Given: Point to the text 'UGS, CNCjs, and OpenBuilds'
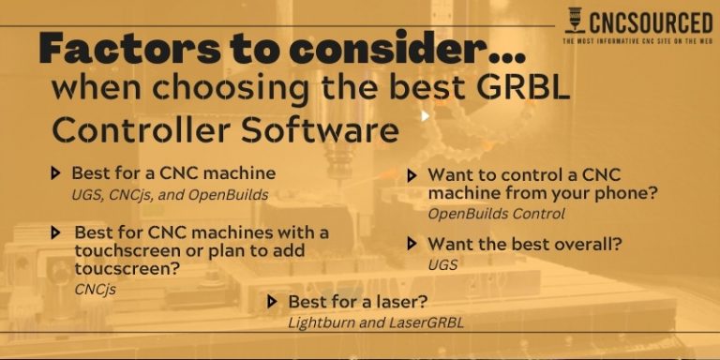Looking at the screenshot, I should [x=170, y=195].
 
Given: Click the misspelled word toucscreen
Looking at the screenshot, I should [x=118, y=269].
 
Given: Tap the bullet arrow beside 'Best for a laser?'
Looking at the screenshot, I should [x=272, y=302].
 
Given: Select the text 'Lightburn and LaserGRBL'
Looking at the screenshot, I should [x=376, y=322].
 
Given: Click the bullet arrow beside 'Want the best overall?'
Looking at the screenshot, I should [x=412, y=244].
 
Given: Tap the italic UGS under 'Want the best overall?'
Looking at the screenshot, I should [x=442, y=265].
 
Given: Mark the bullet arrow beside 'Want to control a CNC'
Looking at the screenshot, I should [x=412, y=175].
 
